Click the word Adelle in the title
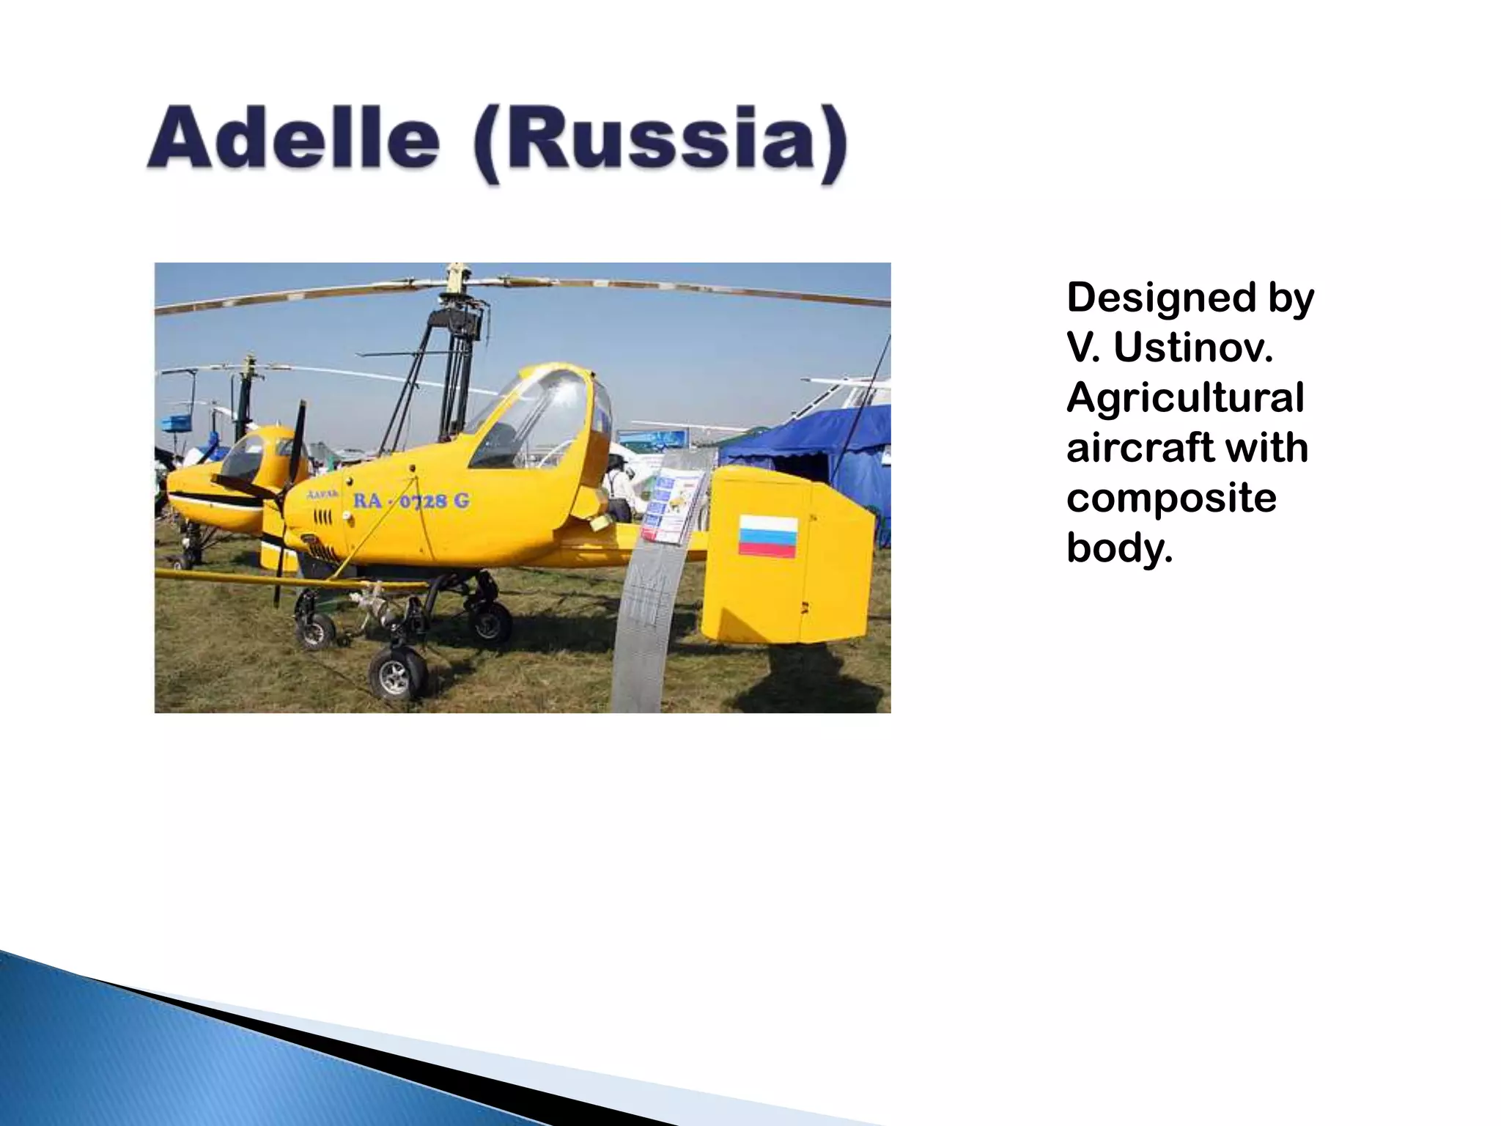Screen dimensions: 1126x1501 pyautogui.click(x=293, y=139)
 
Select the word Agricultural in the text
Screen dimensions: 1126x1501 pyautogui.click(x=1184, y=397)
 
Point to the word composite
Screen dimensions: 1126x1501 pyautogui.click(x=1170, y=498)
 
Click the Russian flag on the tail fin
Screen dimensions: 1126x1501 pyautogui.click(x=767, y=536)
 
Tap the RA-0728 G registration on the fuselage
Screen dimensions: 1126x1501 pyautogui.click(x=411, y=501)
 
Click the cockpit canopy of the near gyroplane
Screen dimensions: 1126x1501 pyautogui.click(x=539, y=418)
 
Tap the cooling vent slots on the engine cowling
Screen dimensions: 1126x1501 pyautogui.click(x=322, y=519)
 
